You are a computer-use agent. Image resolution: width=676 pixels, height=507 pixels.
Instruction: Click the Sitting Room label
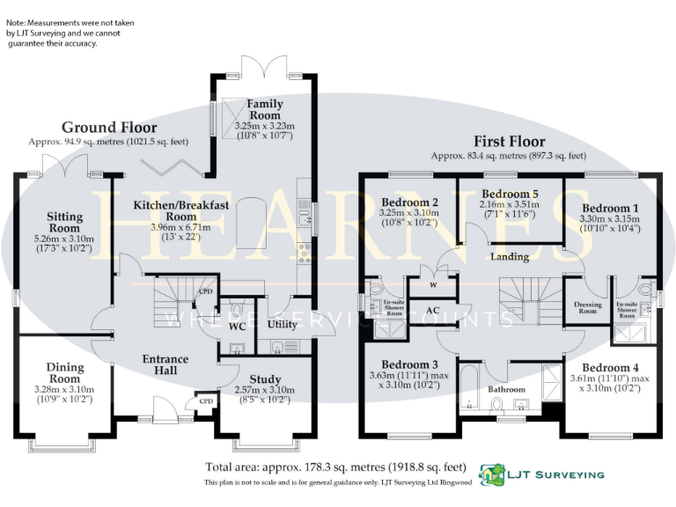(65, 222)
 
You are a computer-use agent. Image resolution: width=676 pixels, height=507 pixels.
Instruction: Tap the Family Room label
(264, 109)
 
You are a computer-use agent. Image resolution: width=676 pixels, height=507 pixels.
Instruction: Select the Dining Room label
(65, 372)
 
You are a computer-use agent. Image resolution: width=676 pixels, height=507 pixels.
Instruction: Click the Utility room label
(282, 324)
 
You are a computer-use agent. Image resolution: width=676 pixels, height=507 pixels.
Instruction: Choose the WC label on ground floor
(237, 326)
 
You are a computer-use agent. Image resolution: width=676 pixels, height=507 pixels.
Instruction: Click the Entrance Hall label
(165, 364)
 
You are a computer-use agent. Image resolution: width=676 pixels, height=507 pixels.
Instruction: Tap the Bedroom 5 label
(511, 194)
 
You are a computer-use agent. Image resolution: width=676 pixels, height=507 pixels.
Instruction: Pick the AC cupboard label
(432, 311)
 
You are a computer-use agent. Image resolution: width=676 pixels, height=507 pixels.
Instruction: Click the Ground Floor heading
(109, 128)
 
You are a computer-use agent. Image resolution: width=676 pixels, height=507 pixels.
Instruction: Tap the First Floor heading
(509, 141)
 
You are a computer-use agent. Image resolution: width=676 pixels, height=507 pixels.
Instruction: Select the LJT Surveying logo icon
(490, 474)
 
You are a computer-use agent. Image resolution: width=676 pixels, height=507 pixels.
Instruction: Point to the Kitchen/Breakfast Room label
(180, 210)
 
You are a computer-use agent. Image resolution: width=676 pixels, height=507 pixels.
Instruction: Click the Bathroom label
(507, 389)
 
